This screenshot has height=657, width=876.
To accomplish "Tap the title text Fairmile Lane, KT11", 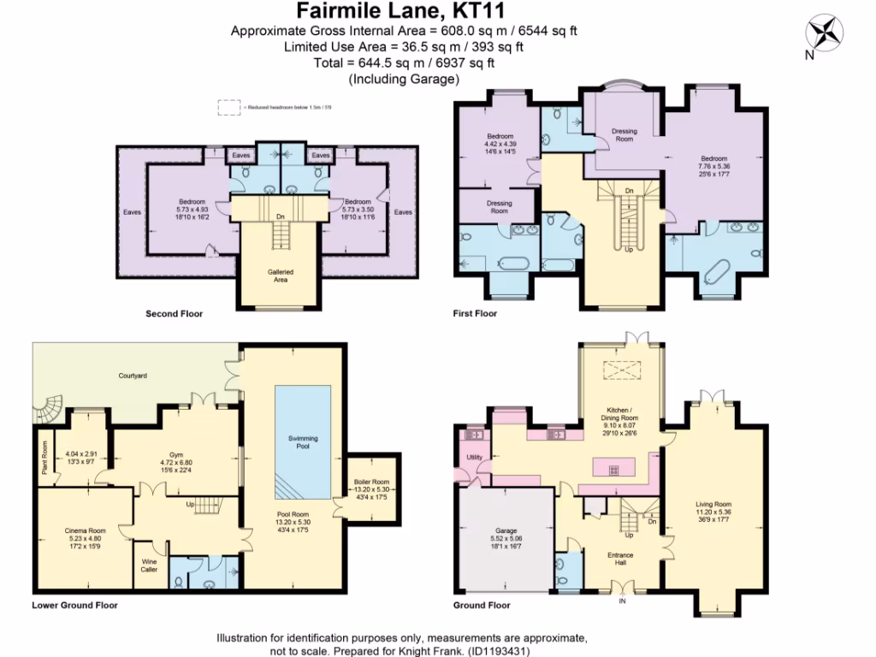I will pyautogui.click(x=400, y=11).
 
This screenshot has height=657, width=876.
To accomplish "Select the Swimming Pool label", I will pyautogui.click(x=303, y=442).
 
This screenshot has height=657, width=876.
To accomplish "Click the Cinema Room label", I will pyautogui.click(x=84, y=530).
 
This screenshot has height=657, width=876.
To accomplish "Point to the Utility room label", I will pyautogui.click(x=474, y=458).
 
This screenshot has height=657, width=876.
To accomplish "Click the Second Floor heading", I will pyautogui.click(x=174, y=314).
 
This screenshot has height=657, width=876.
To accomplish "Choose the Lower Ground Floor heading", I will pyautogui.click(x=74, y=605).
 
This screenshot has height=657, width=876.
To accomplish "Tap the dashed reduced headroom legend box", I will pyautogui.click(x=228, y=107).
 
